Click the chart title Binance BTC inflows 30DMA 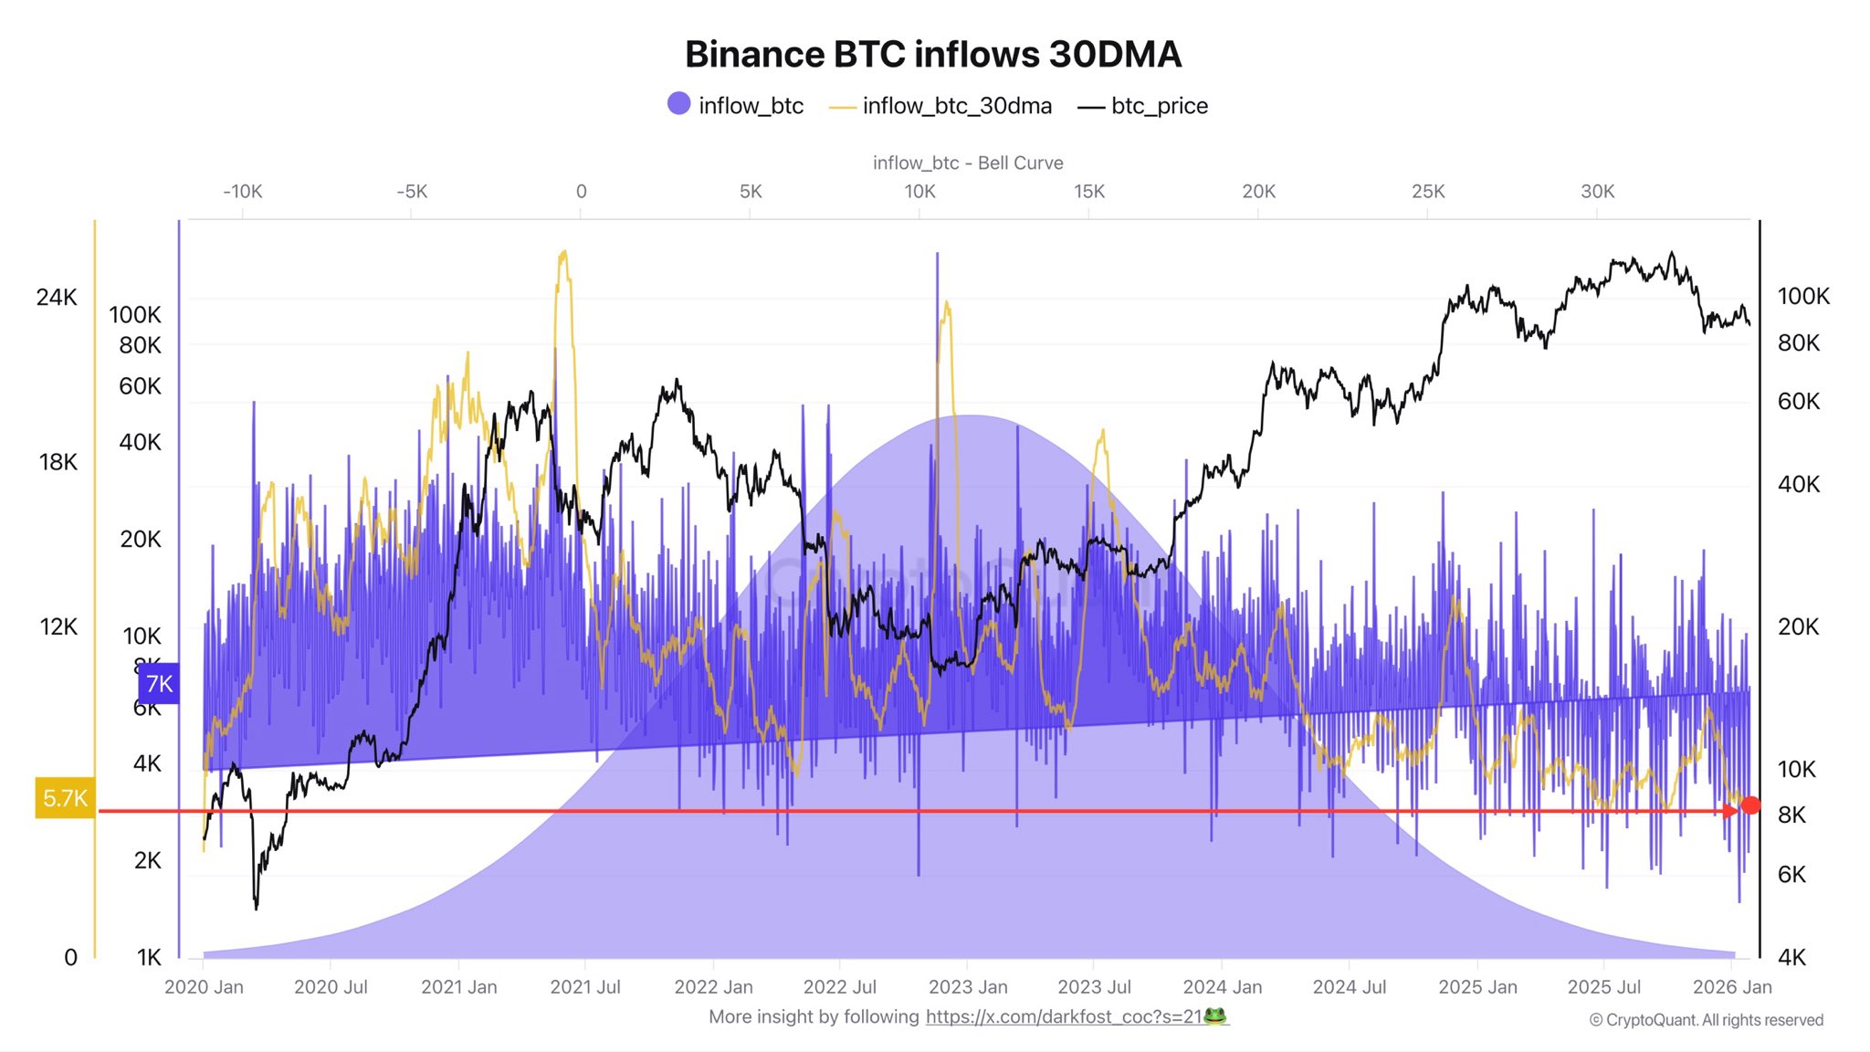tap(933, 55)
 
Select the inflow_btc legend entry tap(736, 106)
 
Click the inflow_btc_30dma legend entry tap(941, 106)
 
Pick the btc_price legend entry tap(1143, 106)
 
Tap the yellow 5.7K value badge tap(65, 798)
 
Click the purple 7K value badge tap(159, 684)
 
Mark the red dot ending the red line tap(1750, 805)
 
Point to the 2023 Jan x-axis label tap(968, 987)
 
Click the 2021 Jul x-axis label tap(584, 987)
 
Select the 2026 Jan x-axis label tap(1732, 987)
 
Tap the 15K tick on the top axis tap(1088, 192)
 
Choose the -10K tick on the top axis tap(242, 192)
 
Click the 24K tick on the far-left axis tap(57, 298)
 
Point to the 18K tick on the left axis tap(58, 462)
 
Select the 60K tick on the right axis tap(1798, 402)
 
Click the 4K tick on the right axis tap(1791, 957)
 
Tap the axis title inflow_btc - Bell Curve tap(968, 163)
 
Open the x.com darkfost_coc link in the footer tap(1064, 1017)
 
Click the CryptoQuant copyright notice tap(1706, 1020)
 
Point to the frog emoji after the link tap(1215, 1016)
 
